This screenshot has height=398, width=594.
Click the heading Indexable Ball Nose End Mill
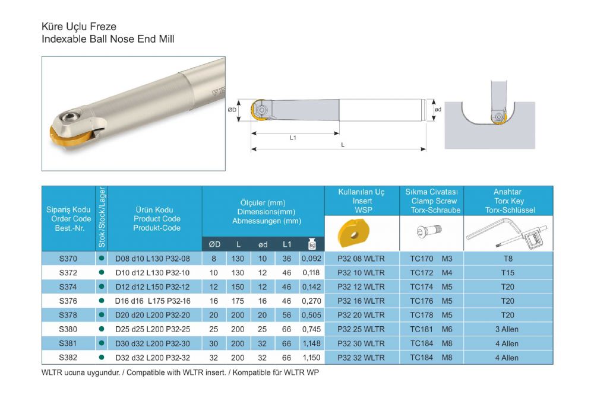pos(108,39)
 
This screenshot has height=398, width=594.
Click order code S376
pos(68,301)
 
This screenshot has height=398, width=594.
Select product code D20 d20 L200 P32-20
pos(153,315)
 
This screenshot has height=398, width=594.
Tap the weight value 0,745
pos(311,330)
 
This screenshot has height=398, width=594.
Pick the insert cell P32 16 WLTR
pos(361,301)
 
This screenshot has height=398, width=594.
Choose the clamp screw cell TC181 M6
pos(431,330)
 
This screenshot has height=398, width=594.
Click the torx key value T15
pos(508,273)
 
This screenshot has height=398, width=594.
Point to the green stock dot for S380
pos(101,329)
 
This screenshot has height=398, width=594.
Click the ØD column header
pos(214,244)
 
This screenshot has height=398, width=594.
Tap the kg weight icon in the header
pos(312,244)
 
